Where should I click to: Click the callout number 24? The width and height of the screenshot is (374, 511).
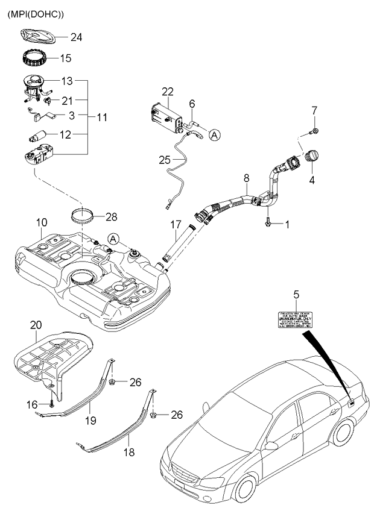pyautogui.click(x=76, y=37)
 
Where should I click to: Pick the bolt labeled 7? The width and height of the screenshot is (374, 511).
pyautogui.click(x=314, y=130)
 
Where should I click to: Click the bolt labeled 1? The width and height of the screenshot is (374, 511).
pyautogui.click(x=267, y=223)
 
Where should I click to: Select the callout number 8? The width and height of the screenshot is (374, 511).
pyautogui.click(x=246, y=178)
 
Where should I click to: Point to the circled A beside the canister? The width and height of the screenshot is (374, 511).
pyautogui.click(x=214, y=136)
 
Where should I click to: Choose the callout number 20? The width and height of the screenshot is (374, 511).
pyautogui.click(x=36, y=326)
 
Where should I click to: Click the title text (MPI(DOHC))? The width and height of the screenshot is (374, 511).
pyautogui.click(x=35, y=13)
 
